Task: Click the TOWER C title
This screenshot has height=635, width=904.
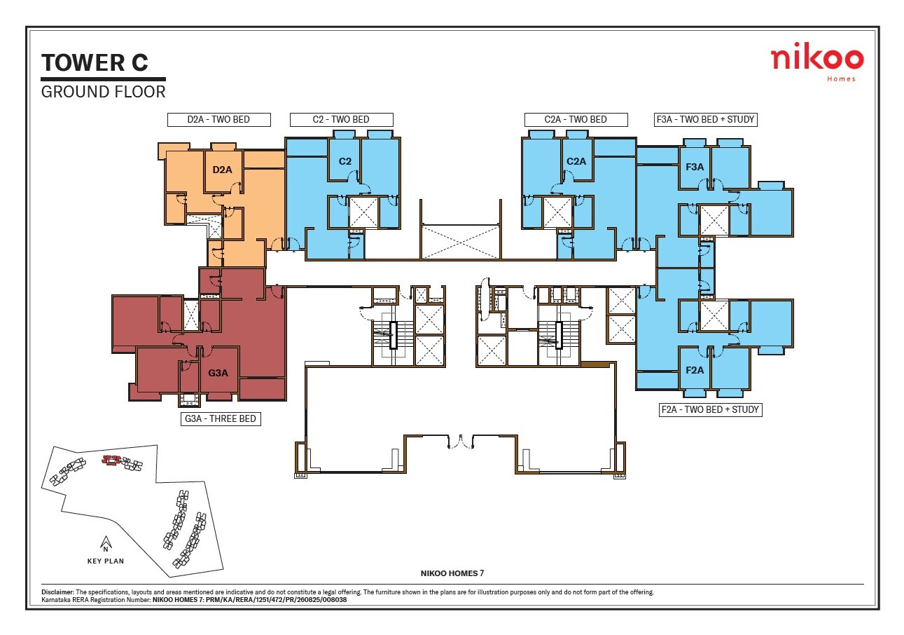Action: pos(95,62)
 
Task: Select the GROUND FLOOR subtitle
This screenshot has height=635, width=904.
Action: pos(103,92)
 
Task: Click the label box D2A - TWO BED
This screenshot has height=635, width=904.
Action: pos(218,120)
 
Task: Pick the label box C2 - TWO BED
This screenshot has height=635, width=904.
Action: pos(341,120)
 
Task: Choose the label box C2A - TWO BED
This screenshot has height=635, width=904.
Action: pos(576,120)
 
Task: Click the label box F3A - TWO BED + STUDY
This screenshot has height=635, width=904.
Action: pos(705,120)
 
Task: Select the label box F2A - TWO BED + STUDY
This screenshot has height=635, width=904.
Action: pos(709,409)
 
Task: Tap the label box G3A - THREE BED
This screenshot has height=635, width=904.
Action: pos(221,420)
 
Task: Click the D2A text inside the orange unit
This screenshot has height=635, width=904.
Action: pos(222,170)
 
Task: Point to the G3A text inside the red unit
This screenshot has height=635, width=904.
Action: pos(218,373)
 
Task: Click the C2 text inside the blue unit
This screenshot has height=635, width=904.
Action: pos(345,161)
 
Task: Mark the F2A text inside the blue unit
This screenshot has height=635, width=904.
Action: pos(695,370)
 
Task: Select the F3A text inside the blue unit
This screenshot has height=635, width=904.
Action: pos(695,167)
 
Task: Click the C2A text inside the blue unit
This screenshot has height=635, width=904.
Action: pos(576,161)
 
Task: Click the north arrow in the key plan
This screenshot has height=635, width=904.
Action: pos(106,543)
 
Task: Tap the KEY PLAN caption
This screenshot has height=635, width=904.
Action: pos(106,561)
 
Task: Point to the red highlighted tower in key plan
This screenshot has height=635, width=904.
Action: pos(111,460)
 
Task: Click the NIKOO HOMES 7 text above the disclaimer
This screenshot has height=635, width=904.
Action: pos(452,573)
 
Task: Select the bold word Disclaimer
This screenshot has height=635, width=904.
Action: pos(57,592)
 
